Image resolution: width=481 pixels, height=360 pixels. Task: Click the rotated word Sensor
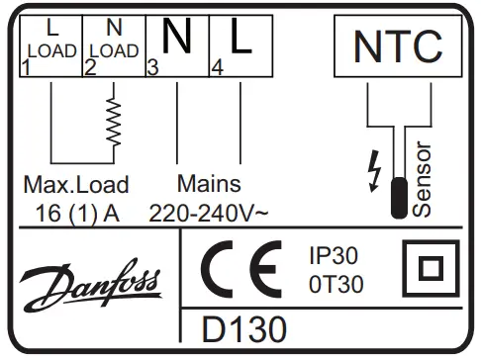[x=423, y=178]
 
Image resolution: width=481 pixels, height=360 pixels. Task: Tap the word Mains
[x=209, y=184]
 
